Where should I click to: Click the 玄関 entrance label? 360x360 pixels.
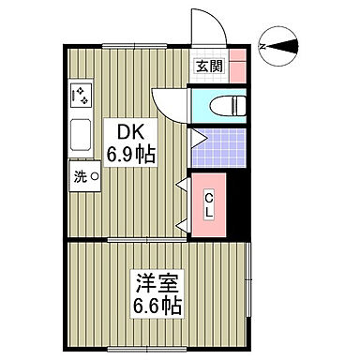[x=208, y=66]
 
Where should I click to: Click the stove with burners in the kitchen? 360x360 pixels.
[x=79, y=96]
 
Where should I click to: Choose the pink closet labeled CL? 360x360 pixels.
[x=209, y=201]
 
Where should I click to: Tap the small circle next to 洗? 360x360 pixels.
[x=94, y=175]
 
